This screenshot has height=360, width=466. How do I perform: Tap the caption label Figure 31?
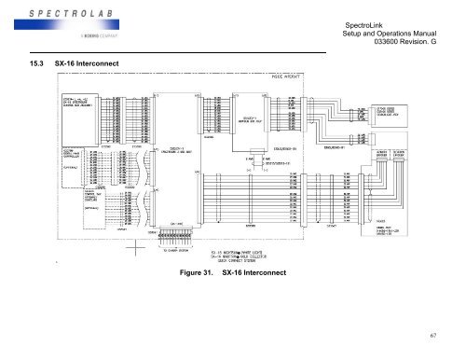tap(198, 271)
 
